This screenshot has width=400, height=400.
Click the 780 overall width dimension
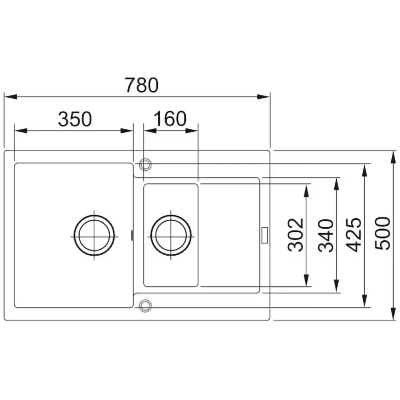coord(142,85)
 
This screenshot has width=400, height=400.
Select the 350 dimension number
coord(75,119)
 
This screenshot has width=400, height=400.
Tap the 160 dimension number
coord(170,119)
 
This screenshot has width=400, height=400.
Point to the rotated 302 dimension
coord(296,235)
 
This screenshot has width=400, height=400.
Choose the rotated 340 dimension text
coord(326,235)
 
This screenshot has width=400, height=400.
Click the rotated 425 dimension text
coord(354,235)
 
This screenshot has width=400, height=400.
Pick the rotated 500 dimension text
coord(382,233)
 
